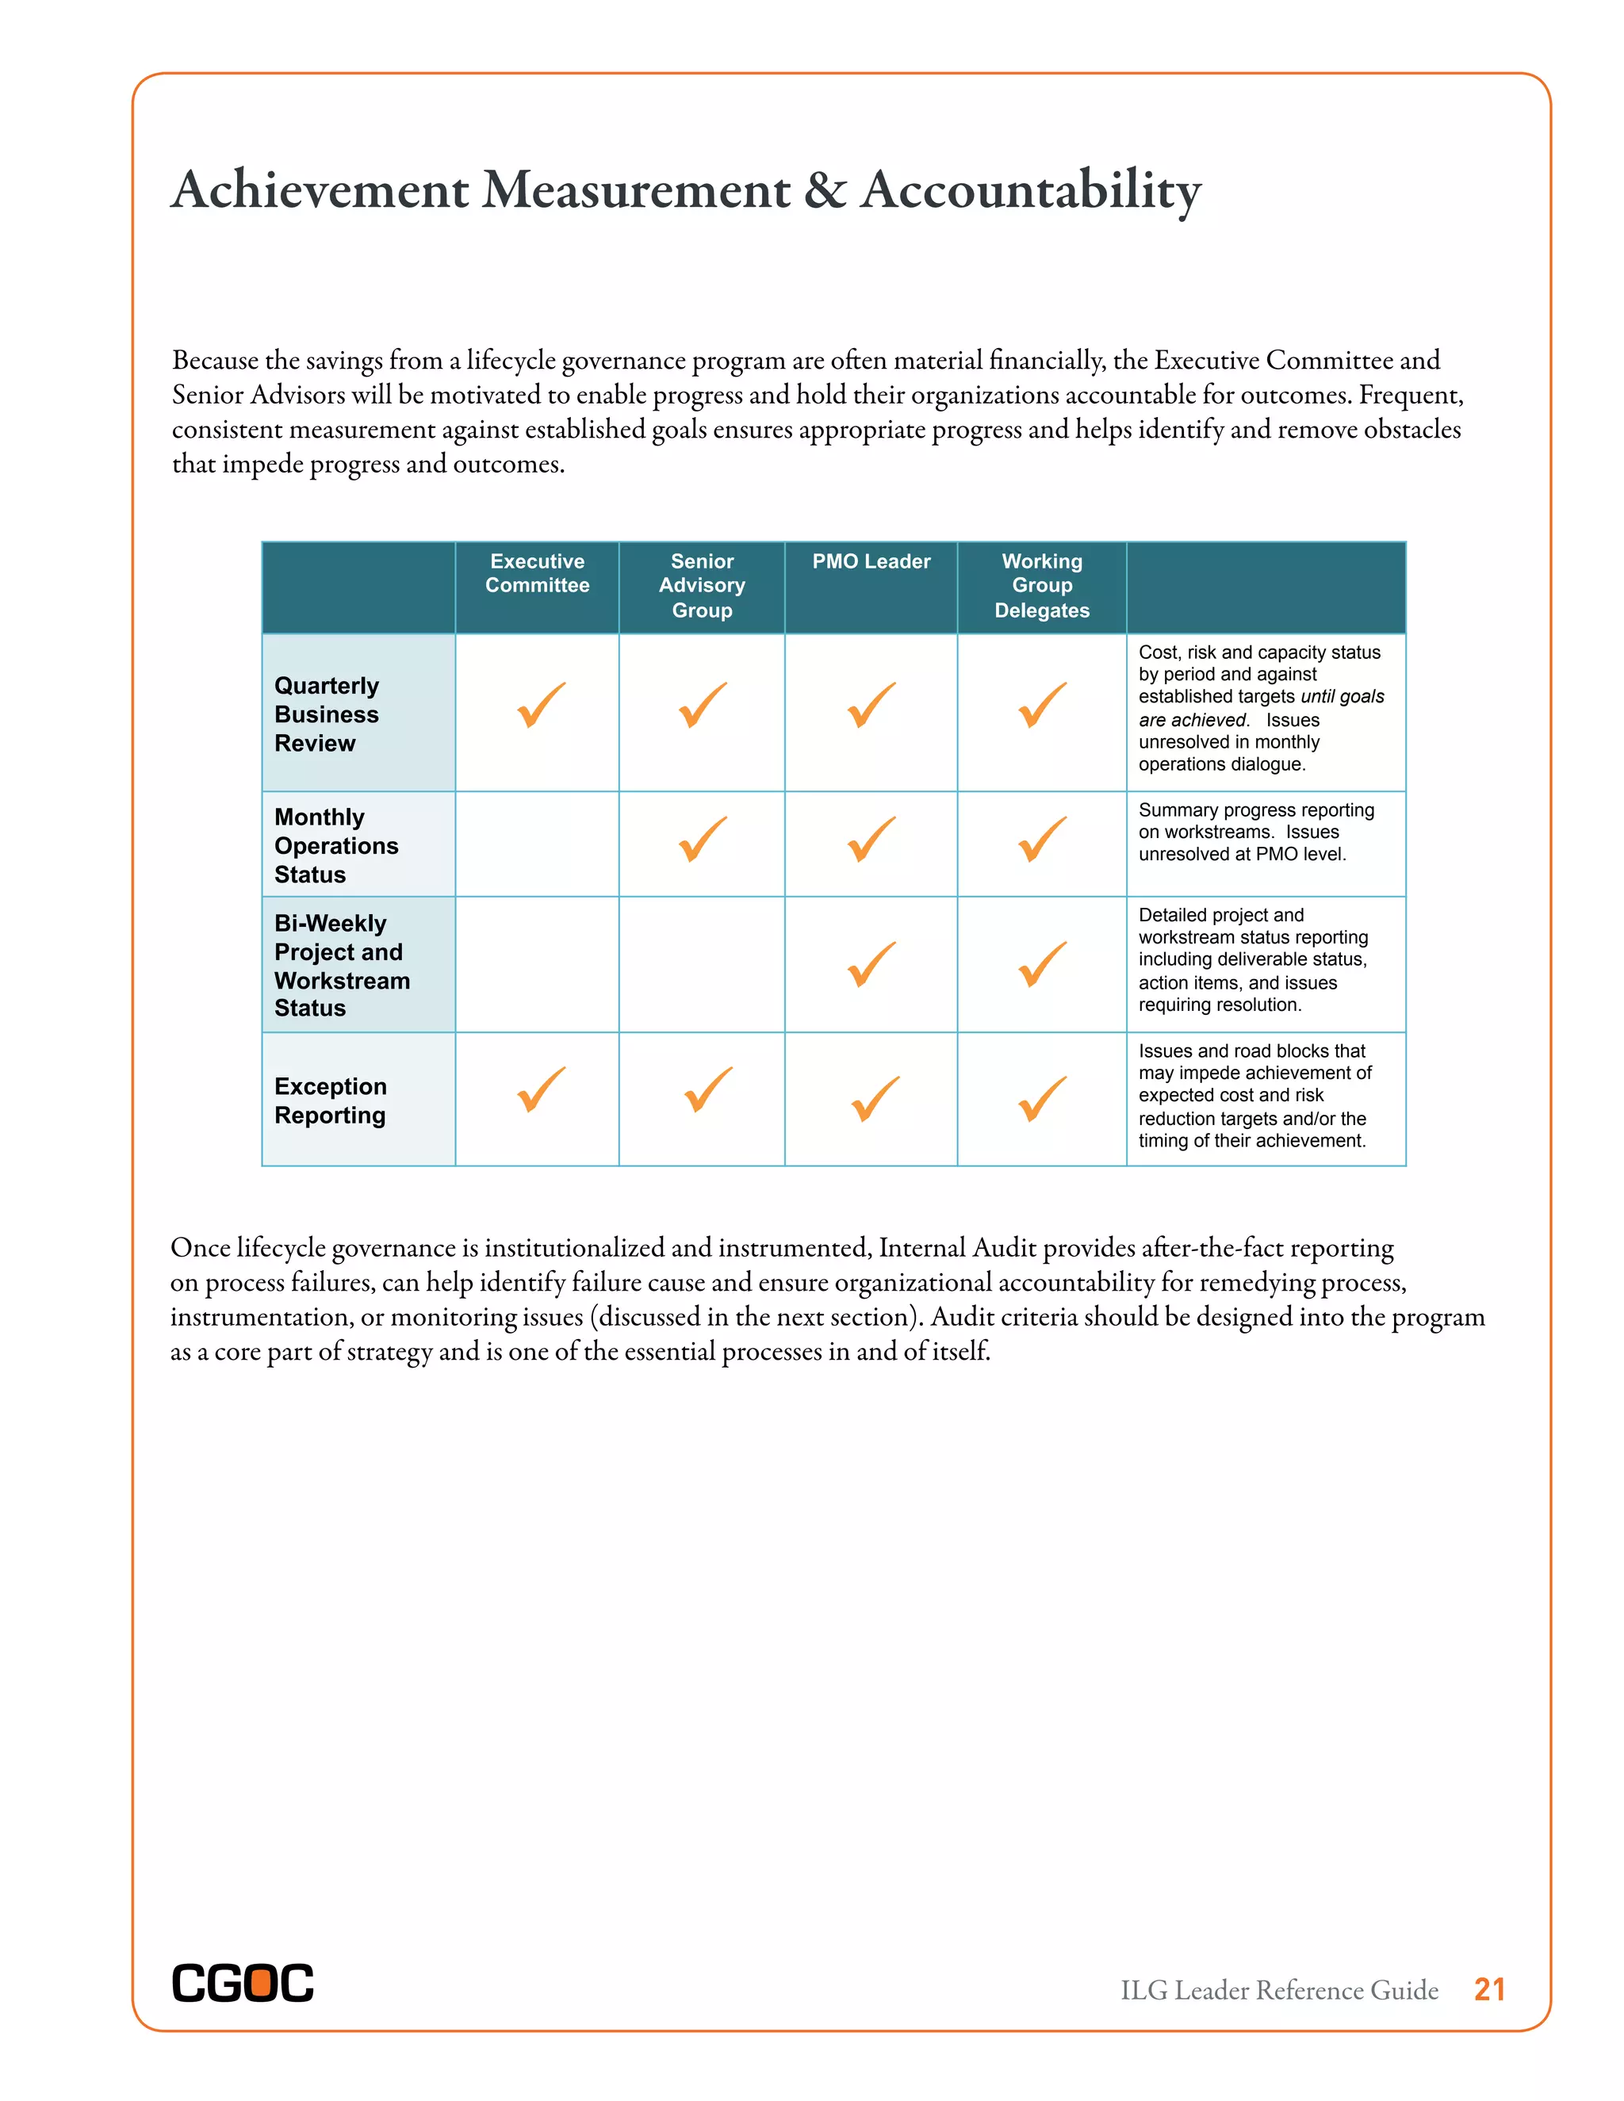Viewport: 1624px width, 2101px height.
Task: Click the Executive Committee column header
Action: pyautogui.click(x=537, y=573)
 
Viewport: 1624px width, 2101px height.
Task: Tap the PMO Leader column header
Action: pyautogui.click(x=871, y=562)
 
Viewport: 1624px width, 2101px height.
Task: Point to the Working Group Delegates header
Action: pyautogui.click(x=1041, y=585)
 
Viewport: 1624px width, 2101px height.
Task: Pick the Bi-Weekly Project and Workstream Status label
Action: pyautogui.click(x=342, y=965)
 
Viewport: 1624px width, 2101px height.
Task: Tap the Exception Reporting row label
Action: pyautogui.click(x=330, y=1100)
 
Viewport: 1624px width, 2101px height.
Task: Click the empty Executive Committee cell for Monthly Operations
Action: pyautogui.click(x=537, y=844)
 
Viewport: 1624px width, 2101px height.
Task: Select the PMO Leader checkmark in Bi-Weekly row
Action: pyautogui.click(x=871, y=964)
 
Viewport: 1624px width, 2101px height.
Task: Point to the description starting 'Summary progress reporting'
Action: pyautogui.click(x=1254, y=832)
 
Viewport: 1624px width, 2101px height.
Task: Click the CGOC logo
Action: pyautogui.click(x=243, y=1983)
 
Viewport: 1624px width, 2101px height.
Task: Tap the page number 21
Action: pyautogui.click(x=1488, y=1989)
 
